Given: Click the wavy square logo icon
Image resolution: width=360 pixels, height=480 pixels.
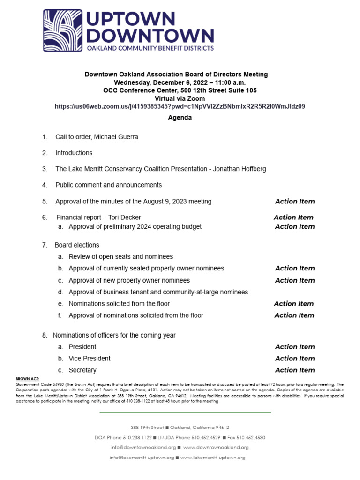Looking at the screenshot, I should (63, 30).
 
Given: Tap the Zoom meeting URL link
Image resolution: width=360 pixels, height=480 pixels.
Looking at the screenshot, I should (180, 106).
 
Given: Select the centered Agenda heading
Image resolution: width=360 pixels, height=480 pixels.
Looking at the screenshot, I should (180, 118).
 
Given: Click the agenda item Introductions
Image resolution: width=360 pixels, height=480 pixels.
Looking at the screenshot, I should (74, 153).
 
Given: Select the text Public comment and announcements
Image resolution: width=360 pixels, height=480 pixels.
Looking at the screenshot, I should (108, 185).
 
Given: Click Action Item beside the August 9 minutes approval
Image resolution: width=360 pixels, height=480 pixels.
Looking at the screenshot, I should (295, 202).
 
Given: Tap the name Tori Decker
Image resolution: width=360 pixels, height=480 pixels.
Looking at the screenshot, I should (125, 217).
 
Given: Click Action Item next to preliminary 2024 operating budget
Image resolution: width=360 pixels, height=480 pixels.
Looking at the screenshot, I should (295, 226).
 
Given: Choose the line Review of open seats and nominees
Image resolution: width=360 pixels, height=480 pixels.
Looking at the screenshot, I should (120, 257).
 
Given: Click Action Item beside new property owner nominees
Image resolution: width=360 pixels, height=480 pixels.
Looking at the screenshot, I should (295, 280).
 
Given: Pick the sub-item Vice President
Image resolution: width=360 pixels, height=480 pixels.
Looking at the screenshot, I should (90, 359).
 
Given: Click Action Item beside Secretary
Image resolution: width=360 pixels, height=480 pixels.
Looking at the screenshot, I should (295, 370).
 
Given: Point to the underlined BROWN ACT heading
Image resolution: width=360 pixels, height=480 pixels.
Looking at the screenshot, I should (28, 379).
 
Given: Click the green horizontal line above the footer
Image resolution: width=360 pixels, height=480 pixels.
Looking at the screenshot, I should (185, 412).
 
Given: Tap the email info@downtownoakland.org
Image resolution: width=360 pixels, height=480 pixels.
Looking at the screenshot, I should (143, 447).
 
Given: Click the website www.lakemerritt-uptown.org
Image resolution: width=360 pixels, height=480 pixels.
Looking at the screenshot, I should (212, 457).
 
